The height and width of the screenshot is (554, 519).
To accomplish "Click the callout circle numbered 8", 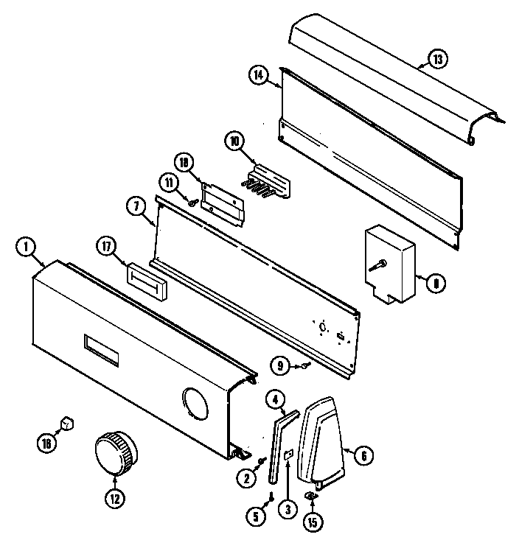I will tap(436, 280).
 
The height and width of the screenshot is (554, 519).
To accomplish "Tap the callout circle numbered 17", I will tap(107, 249).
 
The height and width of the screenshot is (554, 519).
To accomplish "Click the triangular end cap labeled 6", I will tap(325, 438).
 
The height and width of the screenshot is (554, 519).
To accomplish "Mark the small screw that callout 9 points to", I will tap(305, 366).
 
